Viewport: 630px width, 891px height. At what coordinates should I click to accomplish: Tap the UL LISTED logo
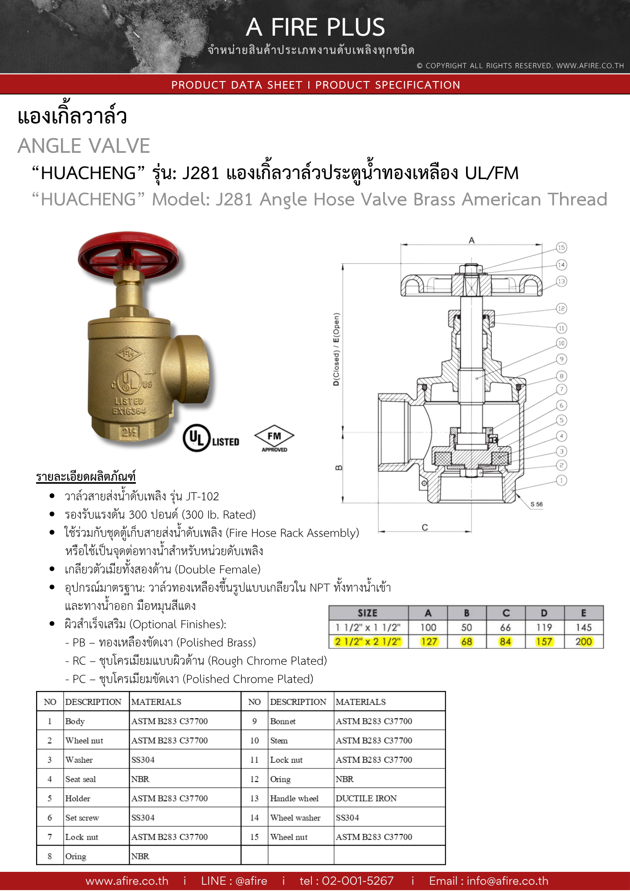click(211, 438)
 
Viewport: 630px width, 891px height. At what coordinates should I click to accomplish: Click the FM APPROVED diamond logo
click(274, 439)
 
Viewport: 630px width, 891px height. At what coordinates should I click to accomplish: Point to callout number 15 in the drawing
click(561, 248)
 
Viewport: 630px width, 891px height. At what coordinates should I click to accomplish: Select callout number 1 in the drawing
click(561, 480)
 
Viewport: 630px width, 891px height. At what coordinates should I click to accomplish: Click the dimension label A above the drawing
click(471, 240)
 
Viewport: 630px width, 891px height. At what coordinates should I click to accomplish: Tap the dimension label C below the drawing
click(425, 527)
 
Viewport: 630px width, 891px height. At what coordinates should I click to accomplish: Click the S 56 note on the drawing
click(536, 504)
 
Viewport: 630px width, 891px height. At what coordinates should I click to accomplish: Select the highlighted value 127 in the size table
click(429, 642)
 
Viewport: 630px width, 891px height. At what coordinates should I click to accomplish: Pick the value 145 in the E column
click(584, 627)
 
